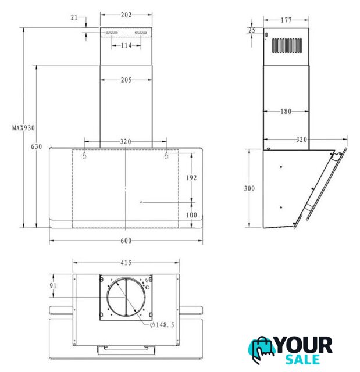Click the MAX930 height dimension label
click(23, 128)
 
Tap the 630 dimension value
click(37, 146)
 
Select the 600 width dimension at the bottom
click(126, 241)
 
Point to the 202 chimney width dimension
click(126, 15)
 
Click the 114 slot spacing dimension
click(126, 45)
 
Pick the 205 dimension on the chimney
click(126, 80)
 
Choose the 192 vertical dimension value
click(191, 178)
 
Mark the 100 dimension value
click(191, 215)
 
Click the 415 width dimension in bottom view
click(126, 263)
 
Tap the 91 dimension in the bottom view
click(53, 285)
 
